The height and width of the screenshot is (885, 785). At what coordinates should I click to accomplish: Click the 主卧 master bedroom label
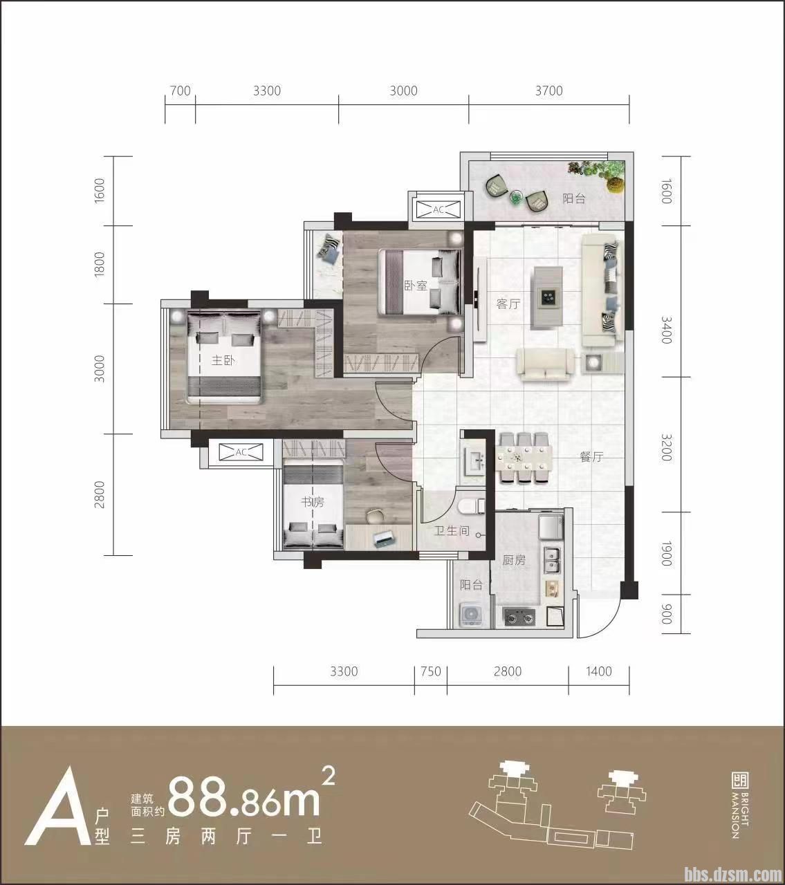(x=223, y=360)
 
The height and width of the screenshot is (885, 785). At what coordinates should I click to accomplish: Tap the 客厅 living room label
(x=508, y=304)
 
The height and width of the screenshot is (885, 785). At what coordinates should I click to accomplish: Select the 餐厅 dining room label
(x=591, y=457)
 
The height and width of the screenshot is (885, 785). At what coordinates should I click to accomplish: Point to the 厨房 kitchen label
(x=514, y=560)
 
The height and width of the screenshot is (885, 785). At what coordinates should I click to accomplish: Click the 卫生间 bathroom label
(x=452, y=531)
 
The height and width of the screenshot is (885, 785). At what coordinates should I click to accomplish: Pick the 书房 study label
(x=313, y=503)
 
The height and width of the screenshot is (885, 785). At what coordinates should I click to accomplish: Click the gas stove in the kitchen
(x=519, y=617)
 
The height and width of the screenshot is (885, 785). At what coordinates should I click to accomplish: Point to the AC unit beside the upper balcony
(x=438, y=209)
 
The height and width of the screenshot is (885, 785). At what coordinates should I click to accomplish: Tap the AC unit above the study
(x=241, y=452)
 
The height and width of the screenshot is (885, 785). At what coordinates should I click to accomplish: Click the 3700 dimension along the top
(x=549, y=91)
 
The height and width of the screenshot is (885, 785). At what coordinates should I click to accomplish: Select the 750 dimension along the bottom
(x=430, y=671)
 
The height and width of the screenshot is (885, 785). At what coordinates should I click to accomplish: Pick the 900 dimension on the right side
(x=665, y=614)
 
